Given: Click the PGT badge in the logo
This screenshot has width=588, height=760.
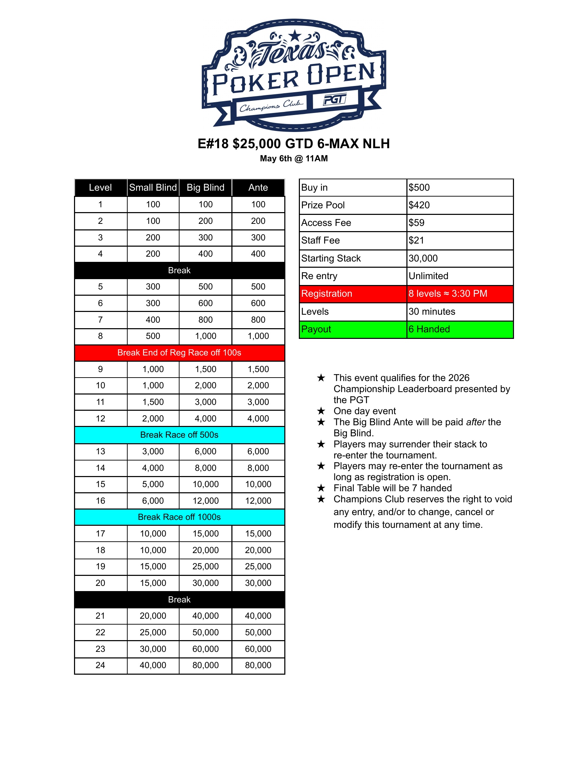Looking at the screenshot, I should [x=335, y=100].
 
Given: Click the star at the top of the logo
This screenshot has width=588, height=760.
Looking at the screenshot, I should [x=295, y=35].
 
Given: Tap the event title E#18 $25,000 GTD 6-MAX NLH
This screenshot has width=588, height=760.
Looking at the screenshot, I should [x=294, y=143].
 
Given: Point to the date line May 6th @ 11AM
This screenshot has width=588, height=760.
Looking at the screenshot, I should [x=294, y=159].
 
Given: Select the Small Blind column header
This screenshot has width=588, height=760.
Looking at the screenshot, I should [x=153, y=188].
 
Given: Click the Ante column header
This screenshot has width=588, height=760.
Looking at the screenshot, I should [x=258, y=188].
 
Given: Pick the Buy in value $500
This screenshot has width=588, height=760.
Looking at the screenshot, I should [x=419, y=188].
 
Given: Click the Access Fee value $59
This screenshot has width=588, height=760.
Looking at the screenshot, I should [x=417, y=223].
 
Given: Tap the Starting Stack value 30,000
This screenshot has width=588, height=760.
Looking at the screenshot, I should [x=423, y=258].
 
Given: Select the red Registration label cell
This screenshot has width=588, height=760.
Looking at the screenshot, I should [x=352, y=294].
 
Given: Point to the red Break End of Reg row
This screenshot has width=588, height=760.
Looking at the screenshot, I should [x=180, y=352].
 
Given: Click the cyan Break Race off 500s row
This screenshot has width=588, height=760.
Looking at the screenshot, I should [x=180, y=435].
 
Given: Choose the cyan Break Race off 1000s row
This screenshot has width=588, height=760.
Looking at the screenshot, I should [x=180, y=517].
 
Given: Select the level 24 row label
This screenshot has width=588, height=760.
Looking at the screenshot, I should [x=100, y=665].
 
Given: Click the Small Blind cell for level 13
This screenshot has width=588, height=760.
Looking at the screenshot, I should [x=153, y=452].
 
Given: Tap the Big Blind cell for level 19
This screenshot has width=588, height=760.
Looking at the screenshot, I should [x=205, y=567].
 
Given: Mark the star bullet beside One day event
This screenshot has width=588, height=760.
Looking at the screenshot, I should [x=321, y=411].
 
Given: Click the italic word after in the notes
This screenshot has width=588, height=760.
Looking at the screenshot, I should [x=476, y=422].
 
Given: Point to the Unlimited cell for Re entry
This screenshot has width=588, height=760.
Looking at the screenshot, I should [x=429, y=276].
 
